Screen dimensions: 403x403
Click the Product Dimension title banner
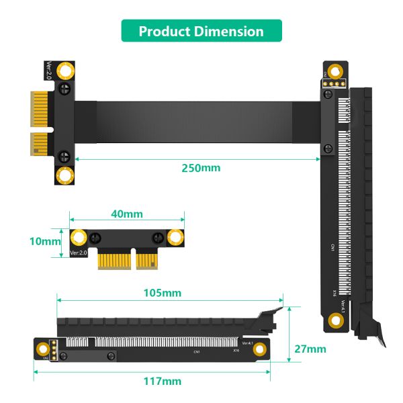pyautogui.click(x=201, y=31)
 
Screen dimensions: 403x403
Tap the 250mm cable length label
pyautogui.click(x=201, y=167)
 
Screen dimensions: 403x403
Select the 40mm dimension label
pyautogui.click(x=126, y=214)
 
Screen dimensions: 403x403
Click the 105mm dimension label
pyautogui.click(x=163, y=293)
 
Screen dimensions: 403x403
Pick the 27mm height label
pyautogui.click(x=310, y=349)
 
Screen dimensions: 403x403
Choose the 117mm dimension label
pyautogui.click(x=163, y=381)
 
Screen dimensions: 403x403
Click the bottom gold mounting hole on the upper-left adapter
pyautogui.click(x=66, y=176)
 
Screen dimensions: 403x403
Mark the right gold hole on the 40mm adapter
pyautogui.click(x=177, y=237)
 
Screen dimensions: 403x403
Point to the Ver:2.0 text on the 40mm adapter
pyautogui.click(x=79, y=253)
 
